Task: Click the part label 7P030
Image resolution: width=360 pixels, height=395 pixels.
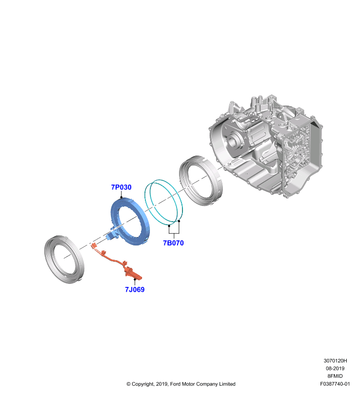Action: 121,187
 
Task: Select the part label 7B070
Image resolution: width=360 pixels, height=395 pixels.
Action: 173,243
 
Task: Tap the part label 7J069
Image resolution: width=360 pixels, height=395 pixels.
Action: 135,289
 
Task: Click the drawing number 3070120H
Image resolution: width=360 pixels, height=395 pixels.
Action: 335,361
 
